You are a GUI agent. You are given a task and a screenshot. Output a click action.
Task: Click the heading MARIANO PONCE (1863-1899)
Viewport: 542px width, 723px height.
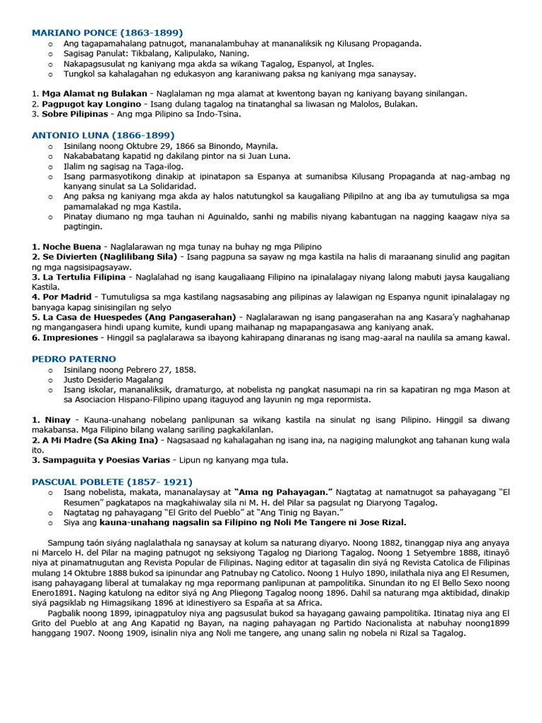click(107, 32)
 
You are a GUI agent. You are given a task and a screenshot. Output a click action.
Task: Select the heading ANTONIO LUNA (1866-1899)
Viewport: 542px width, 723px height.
click(103, 135)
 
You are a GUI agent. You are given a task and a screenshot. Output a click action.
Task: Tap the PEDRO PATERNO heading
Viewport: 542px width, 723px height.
click(74, 359)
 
